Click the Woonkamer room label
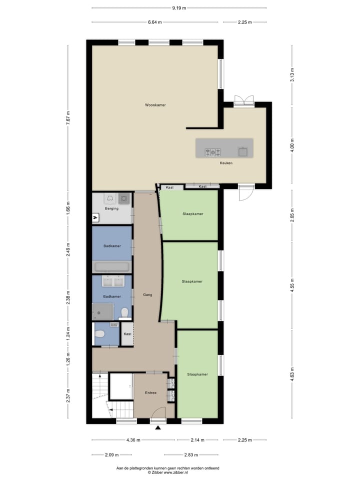coord(155,105)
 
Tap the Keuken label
coord(226,163)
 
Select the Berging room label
coord(111,208)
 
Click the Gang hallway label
coord(147,294)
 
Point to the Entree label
coord(150,392)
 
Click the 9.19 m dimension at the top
coord(179,8)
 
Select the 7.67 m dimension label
coord(68,119)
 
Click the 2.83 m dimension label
coord(191,455)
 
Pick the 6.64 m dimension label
coord(156,22)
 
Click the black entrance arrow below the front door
coord(158,427)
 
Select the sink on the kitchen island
coord(242,151)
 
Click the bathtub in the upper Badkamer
coord(112,266)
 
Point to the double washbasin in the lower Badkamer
coord(112,282)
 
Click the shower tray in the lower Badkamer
coord(102,312)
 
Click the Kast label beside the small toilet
coord(127,334)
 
